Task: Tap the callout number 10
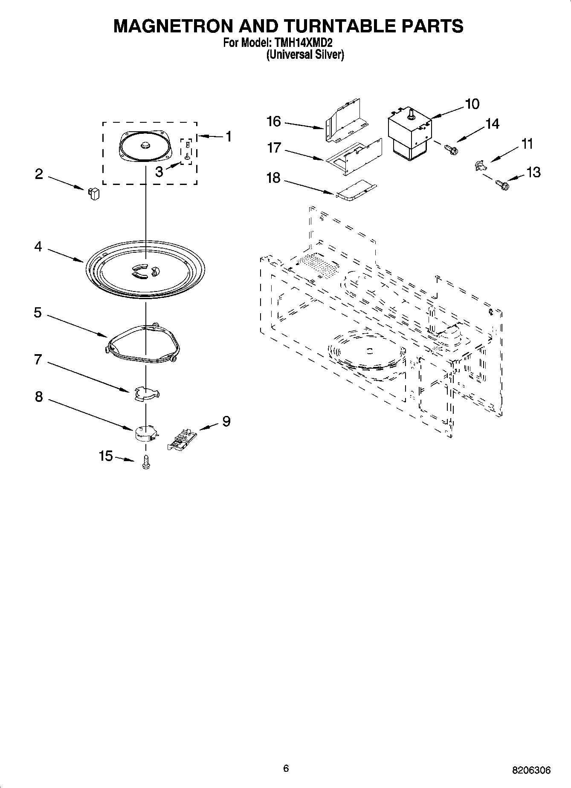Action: pyautogui.click(x=472, y=104)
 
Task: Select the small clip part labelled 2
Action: pyautogui.click(x=94, y=193)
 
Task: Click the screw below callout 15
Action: pyautogui.click(x=146, y=462)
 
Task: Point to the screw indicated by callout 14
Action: pyautogui.click(x=450, y=149)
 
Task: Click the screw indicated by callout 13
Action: pyautogui.click(x=502, y=185)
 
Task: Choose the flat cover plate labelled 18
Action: pyautogui.click(x=357, y=190)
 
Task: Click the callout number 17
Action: pyautogui.click(x=274, y=148)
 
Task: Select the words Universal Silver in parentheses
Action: pyautogui.click(x=305, y=55)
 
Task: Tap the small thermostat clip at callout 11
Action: pyautogui.click(x=480, y=165)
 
